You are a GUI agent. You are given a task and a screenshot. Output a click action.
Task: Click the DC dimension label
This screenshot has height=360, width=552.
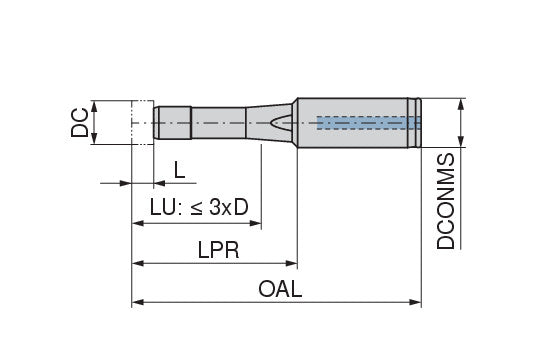pyautogui.click(x=80, y=122)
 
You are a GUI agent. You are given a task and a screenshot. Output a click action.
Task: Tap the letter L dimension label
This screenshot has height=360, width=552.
pyautogui.click(x=180, y=170)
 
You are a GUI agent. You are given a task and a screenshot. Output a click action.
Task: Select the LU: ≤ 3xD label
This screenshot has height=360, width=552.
pyautogui.click(x=199, y=207)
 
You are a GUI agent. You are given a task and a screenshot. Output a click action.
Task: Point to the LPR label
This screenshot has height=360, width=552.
pyautogui.click(x=218, y=250)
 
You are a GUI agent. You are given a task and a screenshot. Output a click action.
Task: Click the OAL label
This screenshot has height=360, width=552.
pyautogui.click(x=280, y=289)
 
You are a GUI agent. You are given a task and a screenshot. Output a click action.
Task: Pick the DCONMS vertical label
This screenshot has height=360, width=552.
pyautogui.click(x=446, y=201)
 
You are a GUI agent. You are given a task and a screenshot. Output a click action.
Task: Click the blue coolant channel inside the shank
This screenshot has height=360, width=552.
pyautogui.click(x=369, y=123)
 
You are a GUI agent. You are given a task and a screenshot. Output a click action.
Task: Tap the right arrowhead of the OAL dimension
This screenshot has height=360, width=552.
pyautogui.click(x=415, y=302)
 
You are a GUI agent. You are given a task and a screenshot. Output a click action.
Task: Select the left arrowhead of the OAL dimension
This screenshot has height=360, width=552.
pyautogui.click(x=138, y=302)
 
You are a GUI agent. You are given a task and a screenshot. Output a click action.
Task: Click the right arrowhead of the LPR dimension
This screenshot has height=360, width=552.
pyautogui.click(x=291, y=263)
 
